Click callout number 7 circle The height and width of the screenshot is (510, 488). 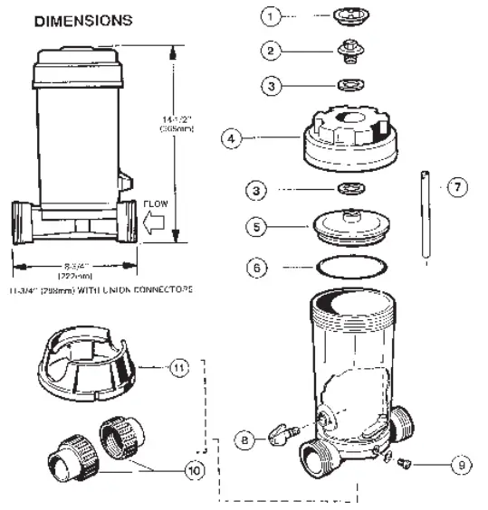(x=457, y=186)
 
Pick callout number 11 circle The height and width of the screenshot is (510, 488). (x=180, y=368)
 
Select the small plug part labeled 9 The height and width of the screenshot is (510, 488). (x=404, y=463)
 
